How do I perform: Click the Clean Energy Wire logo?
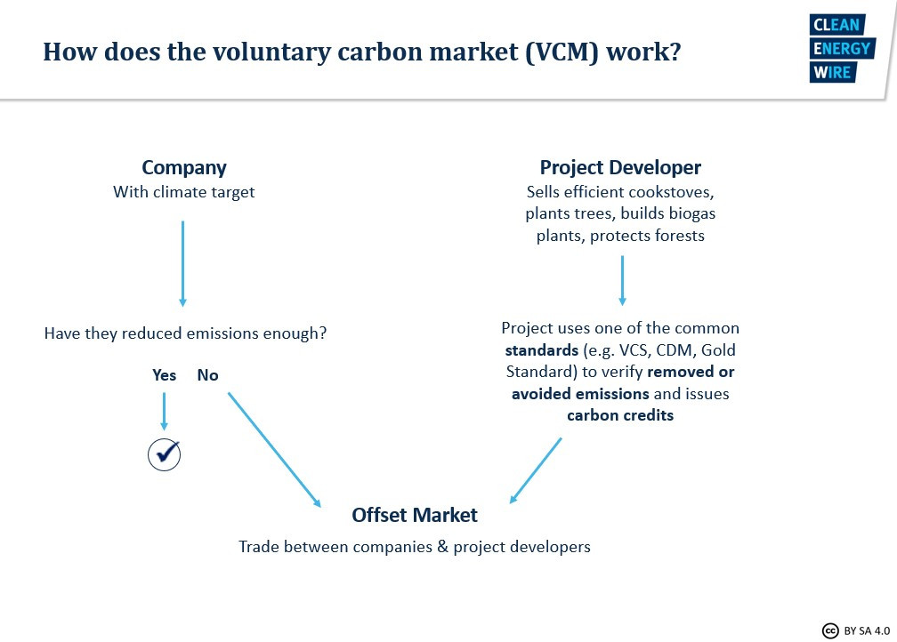click(842, 49)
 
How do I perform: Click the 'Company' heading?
click(184, 167)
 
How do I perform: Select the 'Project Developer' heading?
click(621, 167)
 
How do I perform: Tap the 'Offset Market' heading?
click(415, 515)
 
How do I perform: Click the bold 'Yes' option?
click(164, 375)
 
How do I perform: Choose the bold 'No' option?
click(207, 375)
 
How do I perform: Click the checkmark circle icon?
click(164, 455)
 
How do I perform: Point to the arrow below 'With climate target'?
click(183, 263)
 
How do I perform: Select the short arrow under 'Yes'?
click(164, 411)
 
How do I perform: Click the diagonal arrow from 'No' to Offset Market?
click(275, 450)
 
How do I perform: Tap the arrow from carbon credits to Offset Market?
click(536, 470)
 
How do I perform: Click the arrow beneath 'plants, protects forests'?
click(622, 281)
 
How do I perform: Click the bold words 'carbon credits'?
click(621, 415)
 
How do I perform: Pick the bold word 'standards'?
click(542, 349)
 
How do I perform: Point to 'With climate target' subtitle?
click(184, 192)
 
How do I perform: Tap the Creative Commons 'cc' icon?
click(830, 630)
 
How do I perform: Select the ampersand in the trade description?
click(443, 547)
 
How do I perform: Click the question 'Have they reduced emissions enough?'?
click(185, 333)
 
